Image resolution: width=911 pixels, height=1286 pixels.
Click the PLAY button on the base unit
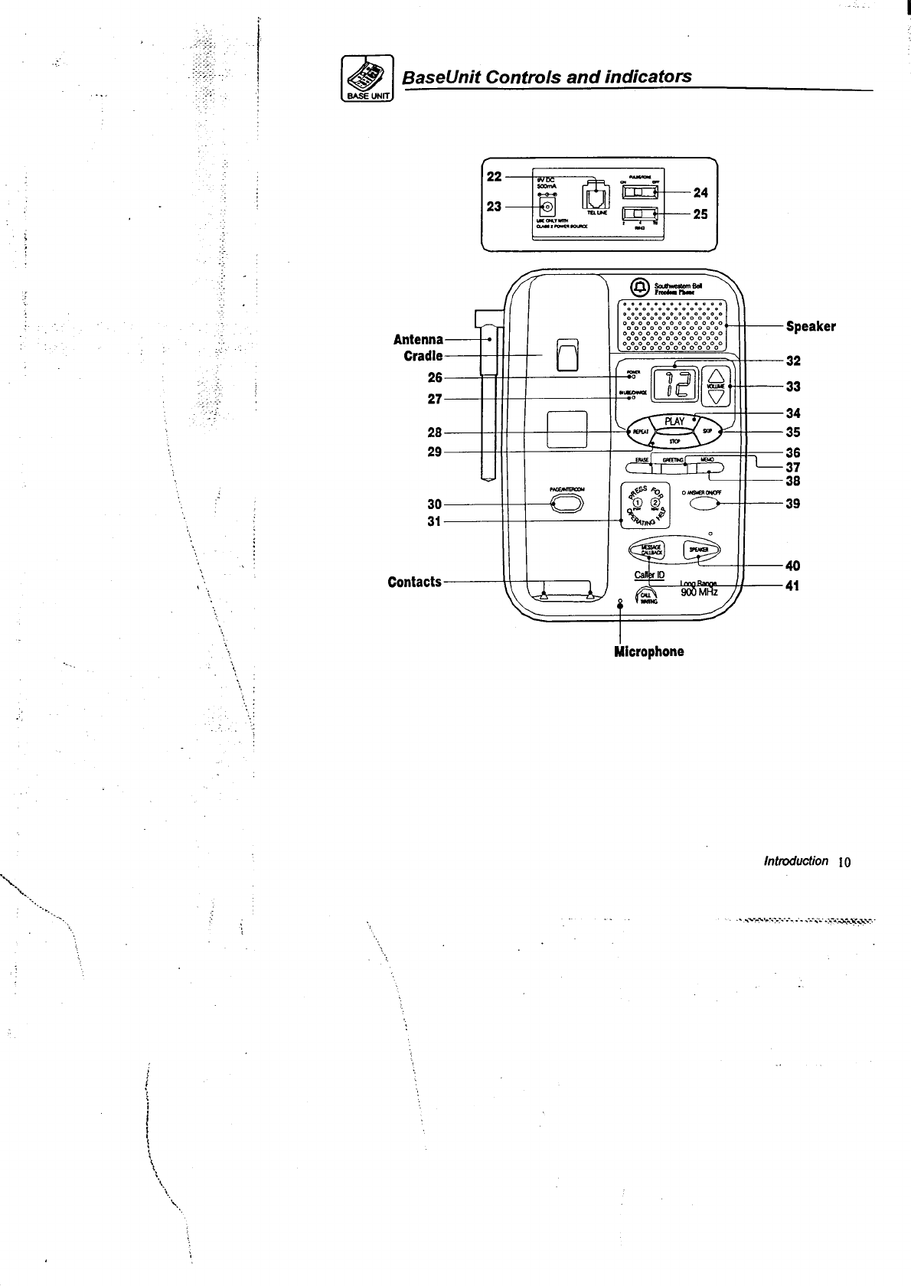click(674, 421)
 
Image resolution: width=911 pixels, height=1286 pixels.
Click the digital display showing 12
click(674, 385)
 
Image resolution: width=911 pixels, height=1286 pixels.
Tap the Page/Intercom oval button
click(567, 504)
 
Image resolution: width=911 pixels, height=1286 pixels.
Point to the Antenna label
click(418, 339)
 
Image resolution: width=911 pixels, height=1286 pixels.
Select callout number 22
click(495, 176)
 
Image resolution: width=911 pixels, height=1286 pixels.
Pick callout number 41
click(792, 586)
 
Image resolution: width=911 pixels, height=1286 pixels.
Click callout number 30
click(435, 504)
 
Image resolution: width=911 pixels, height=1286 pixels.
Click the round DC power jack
click(547, 206)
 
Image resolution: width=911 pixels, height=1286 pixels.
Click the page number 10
click(844, 862)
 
